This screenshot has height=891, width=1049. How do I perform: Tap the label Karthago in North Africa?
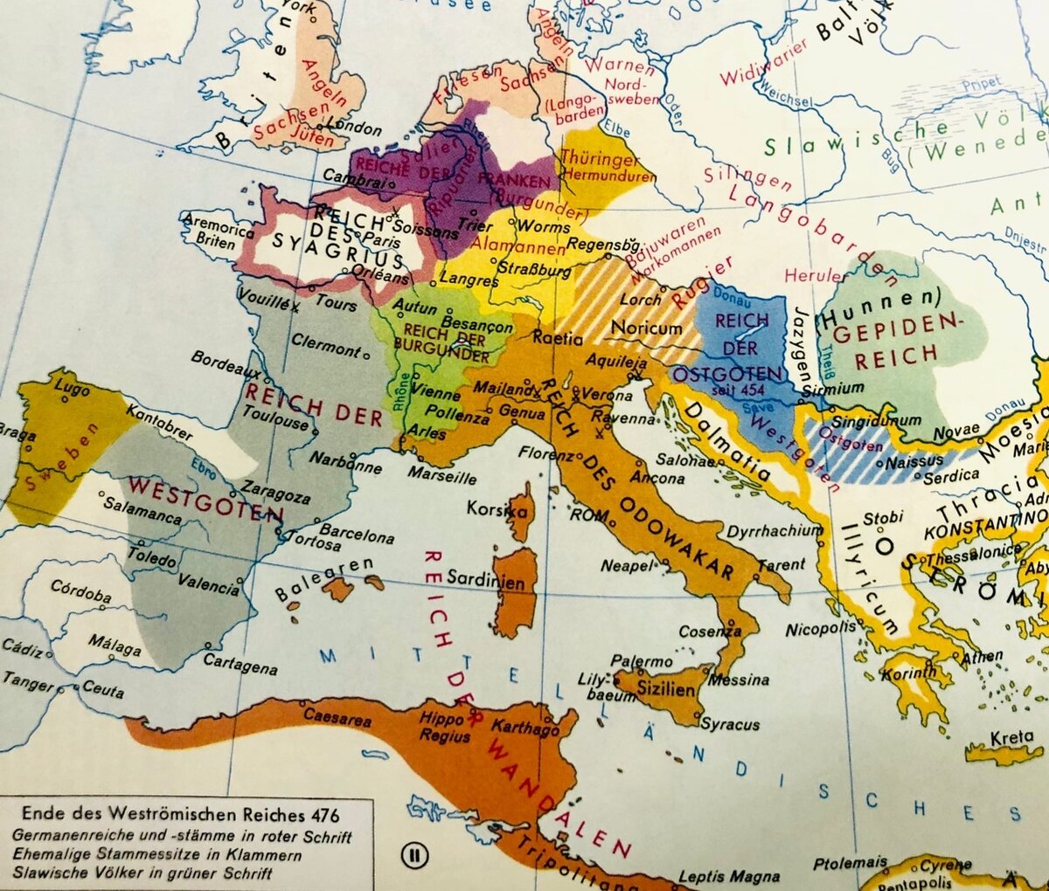tap(524, 726)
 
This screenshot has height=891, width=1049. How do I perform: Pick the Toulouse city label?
tap(276, 418)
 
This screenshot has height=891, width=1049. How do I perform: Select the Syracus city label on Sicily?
tap(731, 724)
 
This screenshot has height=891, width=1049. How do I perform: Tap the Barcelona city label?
tap(356, 535)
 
